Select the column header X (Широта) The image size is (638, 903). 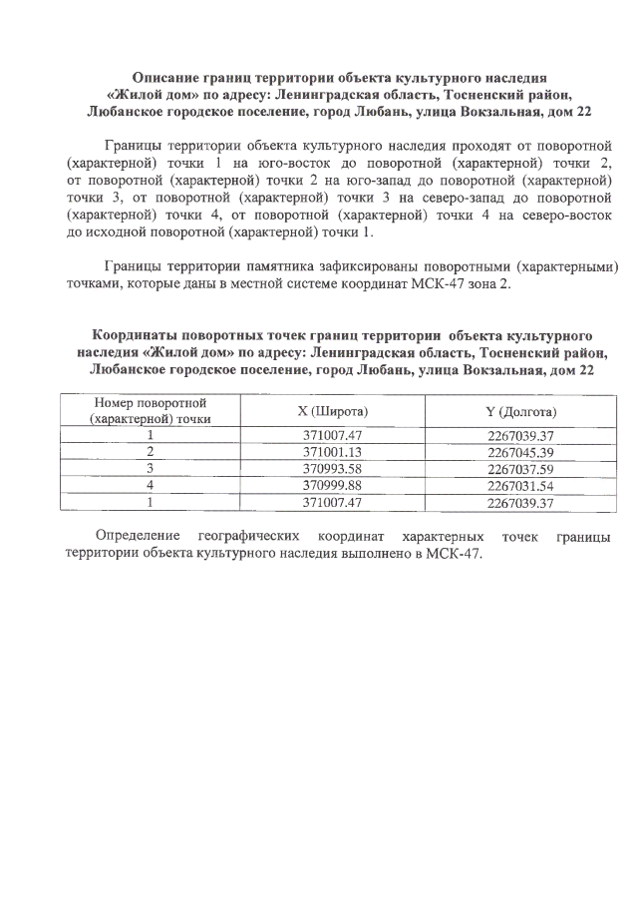point(335,411)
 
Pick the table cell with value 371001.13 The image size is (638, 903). point(335,451)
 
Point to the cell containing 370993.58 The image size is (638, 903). point(335,468)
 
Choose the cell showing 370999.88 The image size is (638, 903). point(335,485)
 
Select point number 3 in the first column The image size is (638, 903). point(149,468)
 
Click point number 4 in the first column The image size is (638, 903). point(149,485)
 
